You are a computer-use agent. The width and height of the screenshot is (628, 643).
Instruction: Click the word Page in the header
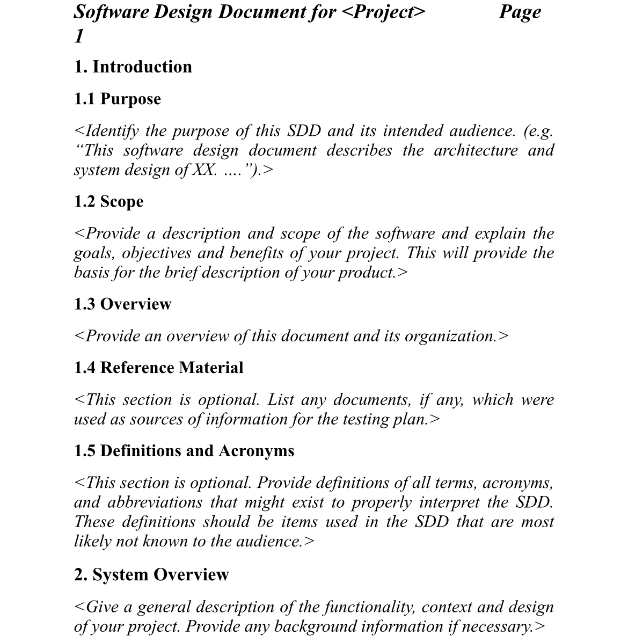click(x=520, y=12)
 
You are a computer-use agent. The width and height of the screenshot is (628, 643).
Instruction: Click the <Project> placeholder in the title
click(x=383, y=12)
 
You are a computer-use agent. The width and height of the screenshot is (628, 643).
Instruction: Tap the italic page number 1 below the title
click(x=79, y=36)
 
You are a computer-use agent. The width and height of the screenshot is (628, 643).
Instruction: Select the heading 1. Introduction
click(x=133, y=67)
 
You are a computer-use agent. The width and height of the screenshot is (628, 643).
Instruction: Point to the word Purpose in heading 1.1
click(x=130, y=99)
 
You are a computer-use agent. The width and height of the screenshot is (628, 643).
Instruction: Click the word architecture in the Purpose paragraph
click(x=476, y=150)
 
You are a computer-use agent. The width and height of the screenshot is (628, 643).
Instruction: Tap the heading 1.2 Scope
click(x=109, y=202)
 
